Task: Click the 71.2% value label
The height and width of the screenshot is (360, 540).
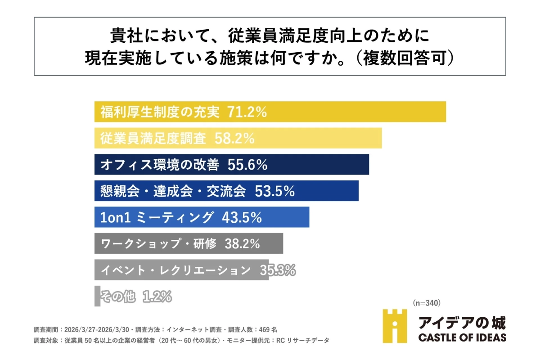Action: coord(247,112)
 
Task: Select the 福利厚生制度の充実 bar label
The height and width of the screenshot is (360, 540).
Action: coord(160,112)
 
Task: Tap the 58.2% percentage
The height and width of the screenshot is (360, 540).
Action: coord(234,139)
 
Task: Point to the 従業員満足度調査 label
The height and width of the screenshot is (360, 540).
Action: coord(153,139)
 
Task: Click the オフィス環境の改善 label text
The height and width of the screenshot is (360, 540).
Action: coord(160,165)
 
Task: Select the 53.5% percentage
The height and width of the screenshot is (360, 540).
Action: coord(274,191)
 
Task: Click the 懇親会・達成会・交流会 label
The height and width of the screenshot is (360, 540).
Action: coord(173,191)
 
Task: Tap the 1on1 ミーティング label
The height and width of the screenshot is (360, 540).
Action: coord(157,218)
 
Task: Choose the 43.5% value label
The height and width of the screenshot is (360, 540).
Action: coord(242,218)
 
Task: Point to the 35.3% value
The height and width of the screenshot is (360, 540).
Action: coord(277,270)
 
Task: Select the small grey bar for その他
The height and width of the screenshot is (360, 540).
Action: coord(97,296)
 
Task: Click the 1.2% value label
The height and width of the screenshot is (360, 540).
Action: coord(157,297)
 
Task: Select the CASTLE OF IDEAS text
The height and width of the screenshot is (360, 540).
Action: coord(462,337)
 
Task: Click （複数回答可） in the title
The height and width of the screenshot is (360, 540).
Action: coord(403,59)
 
